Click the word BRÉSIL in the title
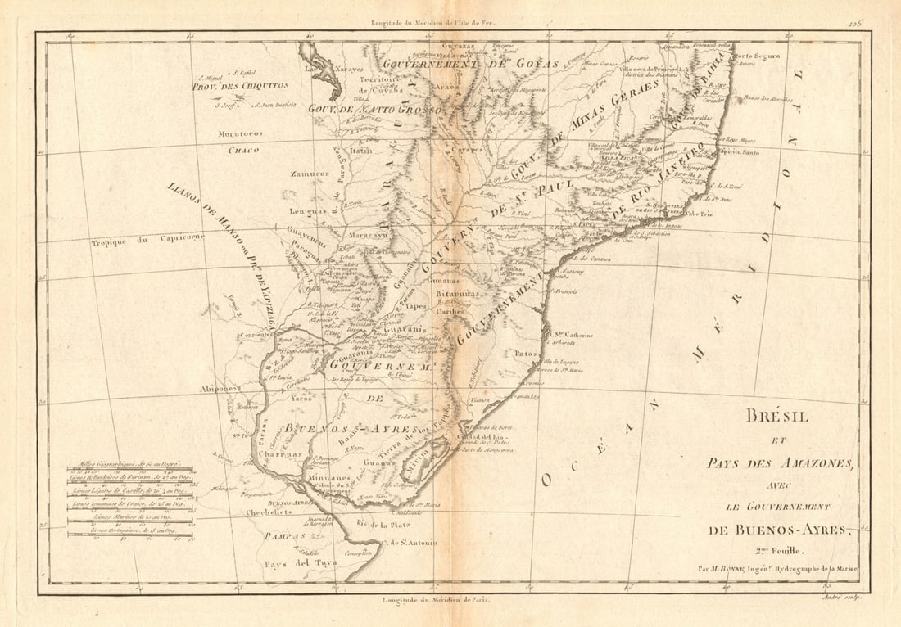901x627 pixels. [776, 417]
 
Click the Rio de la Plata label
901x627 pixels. [383, 523]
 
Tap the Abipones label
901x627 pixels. [220, 390]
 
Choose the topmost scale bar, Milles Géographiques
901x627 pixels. [129, 471]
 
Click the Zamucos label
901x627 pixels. [310, 174]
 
